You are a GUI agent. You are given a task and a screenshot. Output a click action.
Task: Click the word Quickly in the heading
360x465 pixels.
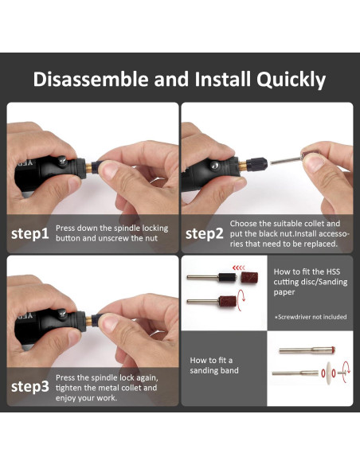pyautogui.click(x=291, y=80)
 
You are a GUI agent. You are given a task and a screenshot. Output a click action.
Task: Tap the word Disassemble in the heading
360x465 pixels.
pyautogui.click(x=91, y=79)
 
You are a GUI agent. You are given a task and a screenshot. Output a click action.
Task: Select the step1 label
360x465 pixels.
pyautogui.click(x=30, y=234)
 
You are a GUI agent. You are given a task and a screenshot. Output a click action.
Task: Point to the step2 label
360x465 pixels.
pyautogui.click(x=205, y=234)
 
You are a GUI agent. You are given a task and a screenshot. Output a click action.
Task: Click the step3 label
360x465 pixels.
pyautogui.click(x=30, y=387)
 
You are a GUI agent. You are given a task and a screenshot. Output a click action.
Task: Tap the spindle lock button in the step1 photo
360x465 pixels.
pyautogui.click(x=62, y=161)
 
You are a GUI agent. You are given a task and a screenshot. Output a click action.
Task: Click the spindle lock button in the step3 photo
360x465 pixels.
pyautogui.click(x=62, y=314)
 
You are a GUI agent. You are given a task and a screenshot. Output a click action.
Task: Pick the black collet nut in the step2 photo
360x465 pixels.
pyautogui.click(x=256, y=164)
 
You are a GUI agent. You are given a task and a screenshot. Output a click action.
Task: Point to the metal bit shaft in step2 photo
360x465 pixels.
pyautogui.click(x=285, y=160)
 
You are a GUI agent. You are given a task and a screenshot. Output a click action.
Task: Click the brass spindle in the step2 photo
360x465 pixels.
pyautogui.click(x=242, y=165)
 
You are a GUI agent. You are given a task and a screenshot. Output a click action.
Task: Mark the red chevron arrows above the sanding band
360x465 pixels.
pyautogui.click(x=239, y=268)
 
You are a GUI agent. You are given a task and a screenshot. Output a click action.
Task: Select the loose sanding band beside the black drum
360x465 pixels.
pyautogui.click(x=249, y=277)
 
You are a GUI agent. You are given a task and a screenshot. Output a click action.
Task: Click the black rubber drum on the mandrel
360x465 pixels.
pyautogui.click(x=227, y=278)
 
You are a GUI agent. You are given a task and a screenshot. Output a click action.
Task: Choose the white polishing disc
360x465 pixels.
pyautogui.click(x=328, y=373)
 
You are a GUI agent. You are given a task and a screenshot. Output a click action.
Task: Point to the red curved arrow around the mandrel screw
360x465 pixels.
pyautogui.click(x=346, y=369)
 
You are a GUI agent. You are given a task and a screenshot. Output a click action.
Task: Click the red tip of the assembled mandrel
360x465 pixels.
pyautogui.click(x=333, y=350)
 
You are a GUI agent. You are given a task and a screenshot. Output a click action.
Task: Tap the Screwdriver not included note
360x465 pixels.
pyautogui.click(x=311, y=317)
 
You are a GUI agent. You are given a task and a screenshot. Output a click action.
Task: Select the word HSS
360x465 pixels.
pyautogui.click(x=333, y=272)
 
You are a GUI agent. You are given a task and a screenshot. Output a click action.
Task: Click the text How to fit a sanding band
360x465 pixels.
pyautogui.click(x=214, y=365)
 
